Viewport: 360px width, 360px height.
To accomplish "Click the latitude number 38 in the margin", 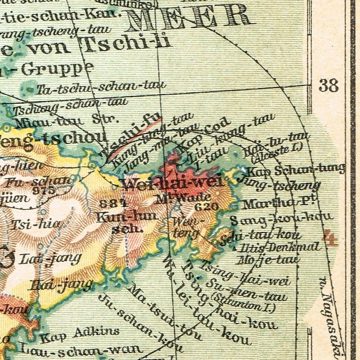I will (328, 85).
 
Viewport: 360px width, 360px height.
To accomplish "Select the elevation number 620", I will (207, 206).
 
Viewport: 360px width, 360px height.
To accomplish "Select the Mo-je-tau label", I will (268, 259).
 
